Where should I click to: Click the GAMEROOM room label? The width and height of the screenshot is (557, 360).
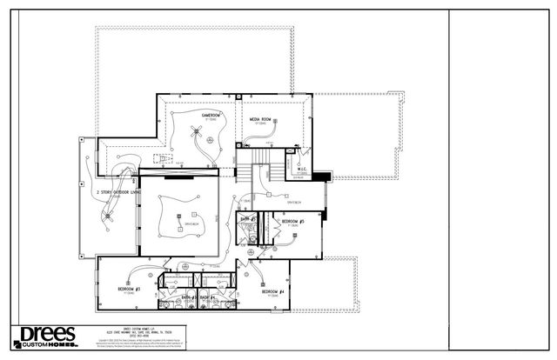[211, 115]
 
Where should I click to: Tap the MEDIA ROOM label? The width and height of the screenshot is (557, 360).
[260, 118]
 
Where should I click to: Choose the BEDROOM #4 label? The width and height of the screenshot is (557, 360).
[274, 291]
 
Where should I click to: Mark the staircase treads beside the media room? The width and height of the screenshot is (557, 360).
[262, 169]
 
